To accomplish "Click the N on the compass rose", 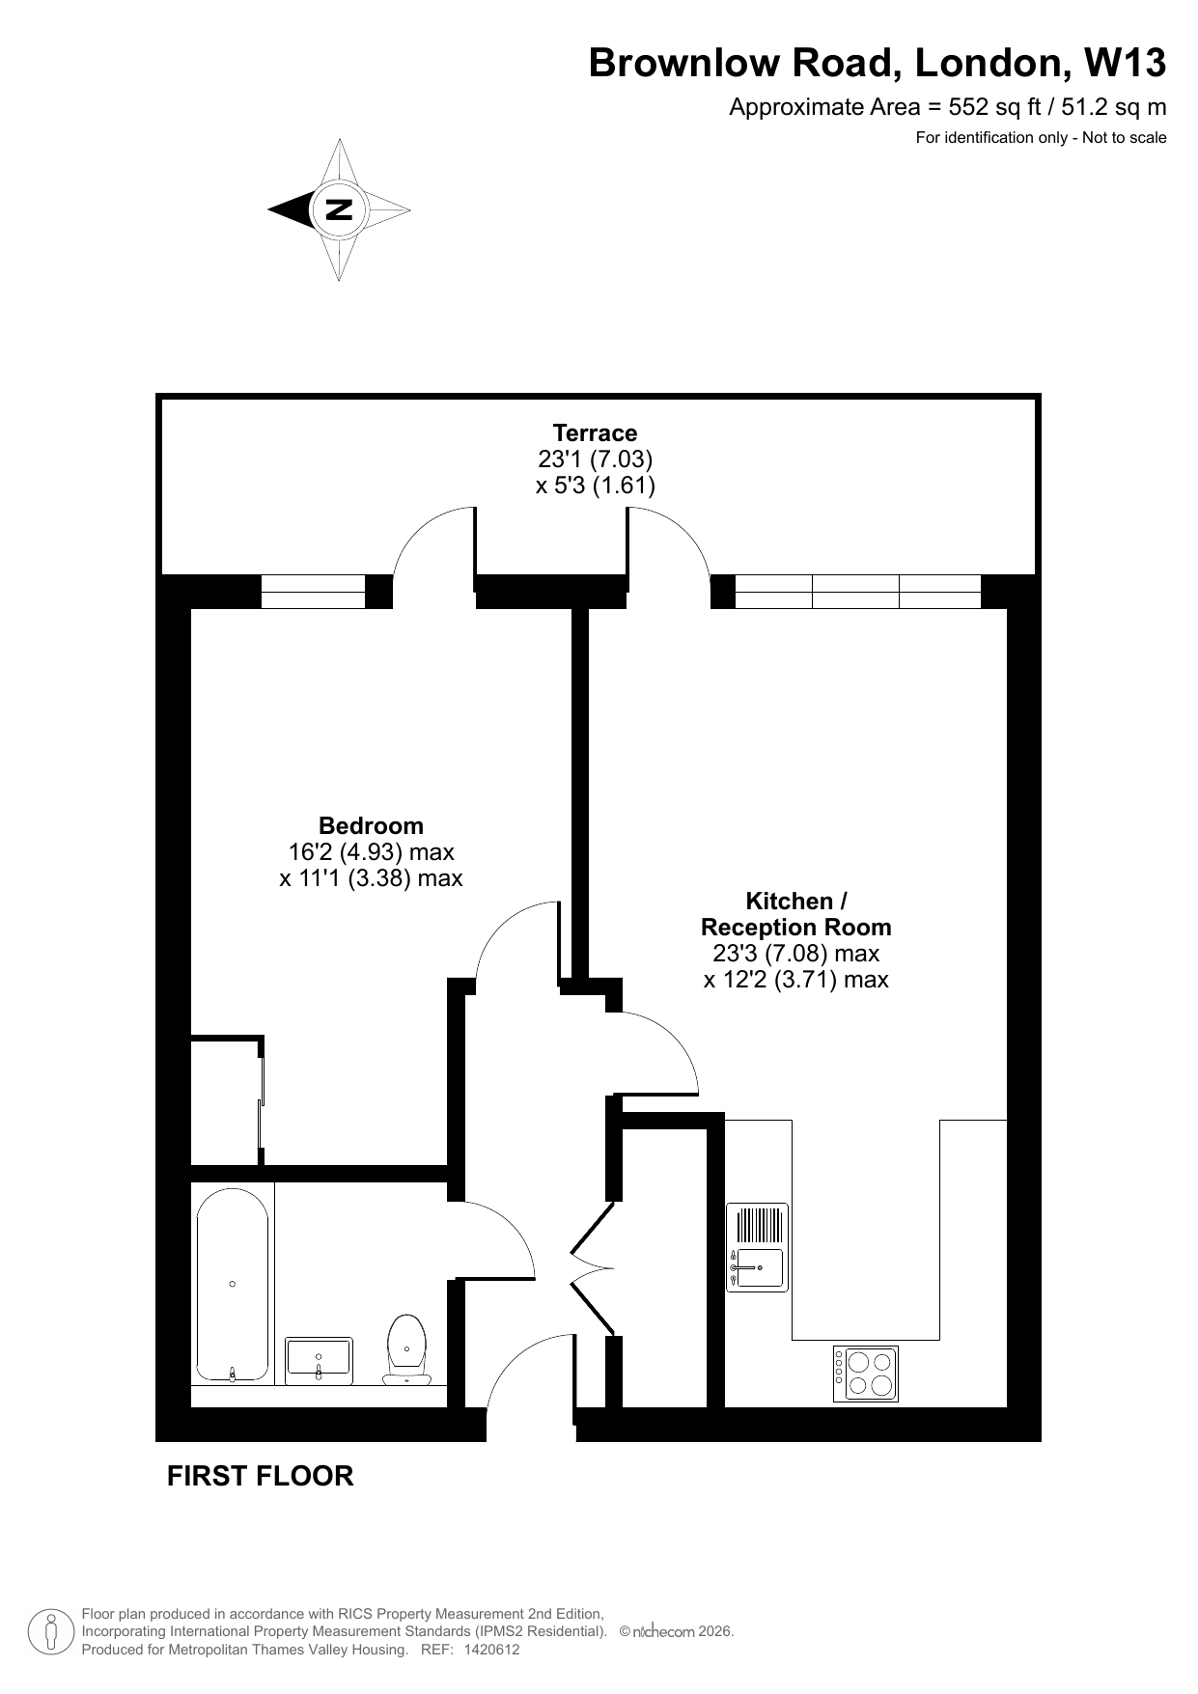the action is click(x=339, y=209).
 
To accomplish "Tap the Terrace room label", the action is click(x=595, y=432).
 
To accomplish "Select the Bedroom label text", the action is click(x=371, y=825).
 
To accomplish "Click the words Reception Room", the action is click(x=795, y=927).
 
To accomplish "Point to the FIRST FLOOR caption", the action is click(x=261, y=1476).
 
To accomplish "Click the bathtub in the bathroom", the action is click(x=233, y=1284).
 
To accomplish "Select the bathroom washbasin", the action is click(x=319, y=1360).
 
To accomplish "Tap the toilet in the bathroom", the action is click(x=406, y=1348).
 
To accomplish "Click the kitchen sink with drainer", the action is click(x=757, y=1247).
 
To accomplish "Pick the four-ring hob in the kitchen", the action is click(x=866, y=1374).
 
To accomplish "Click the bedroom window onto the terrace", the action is click(x=313, y=591).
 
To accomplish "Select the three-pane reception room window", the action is click(x=857, y=591).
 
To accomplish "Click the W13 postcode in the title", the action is click(x=1126, y=63).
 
